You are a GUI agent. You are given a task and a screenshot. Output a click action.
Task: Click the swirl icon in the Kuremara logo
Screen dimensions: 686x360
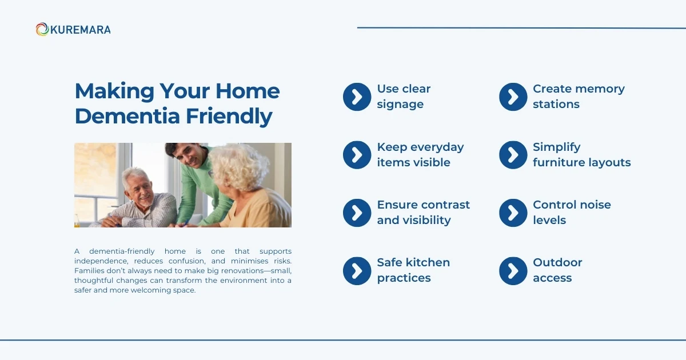(42, 29)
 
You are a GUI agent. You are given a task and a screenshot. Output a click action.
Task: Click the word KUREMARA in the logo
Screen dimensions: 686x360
(80, 30)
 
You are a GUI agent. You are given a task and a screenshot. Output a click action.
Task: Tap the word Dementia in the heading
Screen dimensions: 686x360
(127, 117)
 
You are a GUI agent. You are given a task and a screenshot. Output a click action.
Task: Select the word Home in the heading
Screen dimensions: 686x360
(248, 91)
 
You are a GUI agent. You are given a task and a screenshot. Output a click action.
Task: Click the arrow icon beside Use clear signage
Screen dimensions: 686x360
(357, 97)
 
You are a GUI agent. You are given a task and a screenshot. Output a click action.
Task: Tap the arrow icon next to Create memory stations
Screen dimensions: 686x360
(513, 97)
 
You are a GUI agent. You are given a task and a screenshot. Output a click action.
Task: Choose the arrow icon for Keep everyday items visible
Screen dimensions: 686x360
(357, 155)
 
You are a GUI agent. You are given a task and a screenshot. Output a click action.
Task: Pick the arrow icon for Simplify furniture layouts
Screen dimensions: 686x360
(513, 155)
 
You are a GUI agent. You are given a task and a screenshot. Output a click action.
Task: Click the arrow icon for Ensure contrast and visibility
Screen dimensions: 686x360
(357, 213)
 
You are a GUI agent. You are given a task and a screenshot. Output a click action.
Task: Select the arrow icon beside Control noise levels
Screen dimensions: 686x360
(513, 213)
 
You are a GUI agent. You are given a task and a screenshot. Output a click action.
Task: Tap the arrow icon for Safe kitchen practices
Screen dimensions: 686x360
(357, 271)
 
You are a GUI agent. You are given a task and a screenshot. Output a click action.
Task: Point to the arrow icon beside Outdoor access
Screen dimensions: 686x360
(513, 271)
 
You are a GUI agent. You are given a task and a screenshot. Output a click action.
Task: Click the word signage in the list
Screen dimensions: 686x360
(400, 105)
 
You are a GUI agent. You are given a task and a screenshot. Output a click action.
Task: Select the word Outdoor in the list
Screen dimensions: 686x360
(557, 263)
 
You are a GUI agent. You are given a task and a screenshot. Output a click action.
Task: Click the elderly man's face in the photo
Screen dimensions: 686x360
(141, 190)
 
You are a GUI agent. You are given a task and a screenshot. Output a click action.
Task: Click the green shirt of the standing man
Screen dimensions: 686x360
(202, 190)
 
